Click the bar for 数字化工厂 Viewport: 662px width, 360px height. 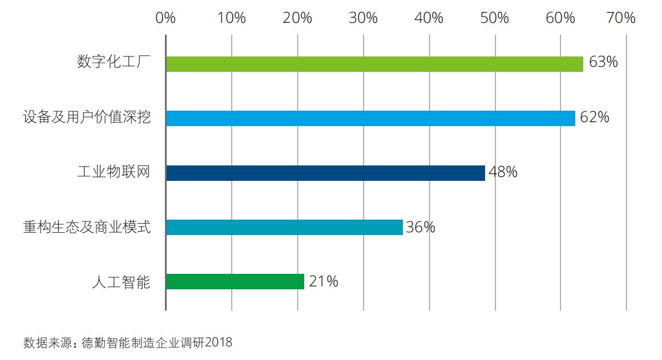tap(374, 64)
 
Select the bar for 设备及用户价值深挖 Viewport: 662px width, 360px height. tap(370, 118)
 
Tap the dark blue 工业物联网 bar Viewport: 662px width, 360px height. tap(325, 173)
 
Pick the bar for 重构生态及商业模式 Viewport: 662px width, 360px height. tap(284, 227)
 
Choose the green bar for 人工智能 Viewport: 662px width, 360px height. tap(235, 282)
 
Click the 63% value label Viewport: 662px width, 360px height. tap(603, 62)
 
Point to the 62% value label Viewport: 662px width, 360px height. tap(595, 118)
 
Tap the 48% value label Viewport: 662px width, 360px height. tap(503, 172)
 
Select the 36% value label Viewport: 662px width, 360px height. tap(421, 227)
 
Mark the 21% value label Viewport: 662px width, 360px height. tap(323, 281)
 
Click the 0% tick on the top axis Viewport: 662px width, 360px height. tap(165, 18)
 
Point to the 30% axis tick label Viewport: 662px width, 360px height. tap(364, 18)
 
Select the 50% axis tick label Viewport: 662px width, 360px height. tap(495, 18)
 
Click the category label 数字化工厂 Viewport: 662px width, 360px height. tap(114, 62)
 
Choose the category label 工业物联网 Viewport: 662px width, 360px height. tap(114, 172)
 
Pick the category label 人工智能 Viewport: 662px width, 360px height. tap(121, 282)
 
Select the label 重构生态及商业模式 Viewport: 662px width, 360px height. tap(87, 227)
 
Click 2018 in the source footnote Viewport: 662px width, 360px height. tap(219, 343)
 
